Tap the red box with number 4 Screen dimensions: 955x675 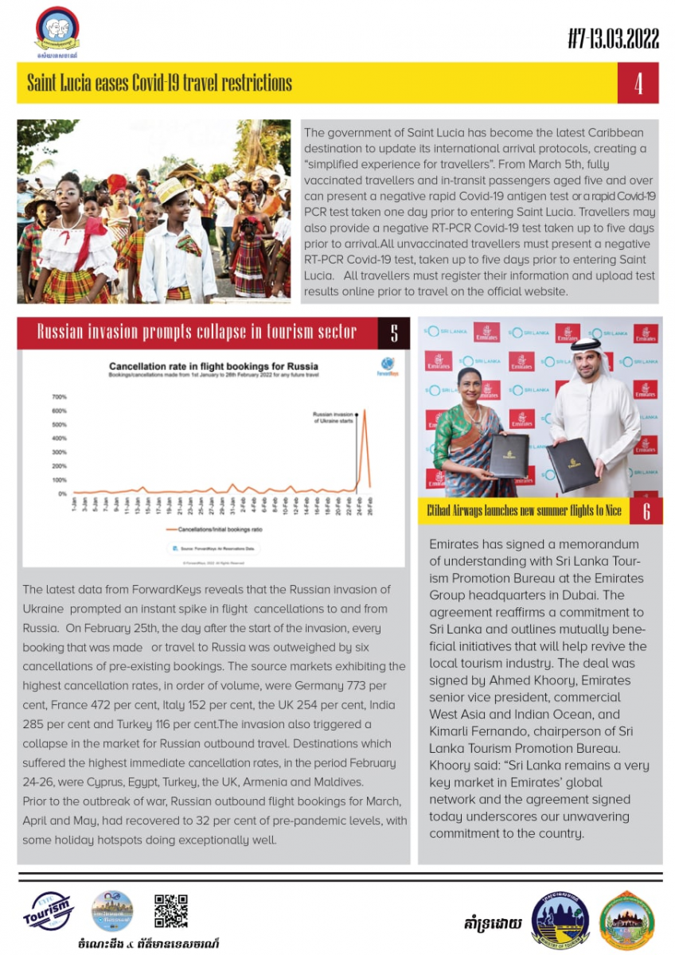(638, 84)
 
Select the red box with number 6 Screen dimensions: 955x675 (646, 511)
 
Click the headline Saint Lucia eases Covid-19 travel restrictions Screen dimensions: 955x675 (159, 84)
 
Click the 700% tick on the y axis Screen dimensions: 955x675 (59, 396)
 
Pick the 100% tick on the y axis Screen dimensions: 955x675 (59, 480)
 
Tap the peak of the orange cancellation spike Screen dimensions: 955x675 (365, 411)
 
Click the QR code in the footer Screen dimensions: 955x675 (170, 911)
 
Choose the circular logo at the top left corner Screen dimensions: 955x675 (57, 30)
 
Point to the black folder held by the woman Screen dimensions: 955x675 (509, 455)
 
